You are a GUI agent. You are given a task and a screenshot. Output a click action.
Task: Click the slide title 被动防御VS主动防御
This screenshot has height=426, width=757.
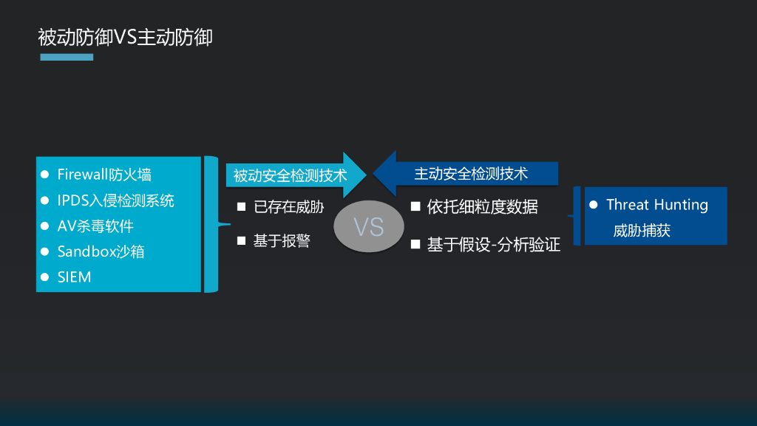click(125, 37)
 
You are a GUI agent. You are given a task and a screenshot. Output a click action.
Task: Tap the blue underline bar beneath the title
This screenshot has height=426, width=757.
click(67, 57)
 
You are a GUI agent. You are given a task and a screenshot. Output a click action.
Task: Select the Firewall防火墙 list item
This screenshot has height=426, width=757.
click(104, 175)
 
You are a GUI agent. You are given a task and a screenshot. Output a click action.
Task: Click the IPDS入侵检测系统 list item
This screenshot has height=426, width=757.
click(116, 200)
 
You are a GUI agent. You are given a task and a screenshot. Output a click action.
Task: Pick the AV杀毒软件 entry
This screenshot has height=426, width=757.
click(95, 226)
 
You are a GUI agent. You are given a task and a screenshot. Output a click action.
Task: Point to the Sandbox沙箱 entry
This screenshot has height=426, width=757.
click(101, 251)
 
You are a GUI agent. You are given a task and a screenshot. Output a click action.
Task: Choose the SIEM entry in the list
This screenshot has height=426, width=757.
click(75, 277)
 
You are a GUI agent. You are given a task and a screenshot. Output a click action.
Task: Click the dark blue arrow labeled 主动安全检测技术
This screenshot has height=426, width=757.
click(466, 174)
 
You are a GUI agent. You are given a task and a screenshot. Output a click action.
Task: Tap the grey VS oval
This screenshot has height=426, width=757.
click(369, 226)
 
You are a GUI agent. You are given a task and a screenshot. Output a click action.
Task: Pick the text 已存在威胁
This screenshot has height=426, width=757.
click(288, 207)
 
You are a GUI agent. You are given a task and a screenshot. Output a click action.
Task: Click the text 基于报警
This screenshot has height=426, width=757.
click(282, 240)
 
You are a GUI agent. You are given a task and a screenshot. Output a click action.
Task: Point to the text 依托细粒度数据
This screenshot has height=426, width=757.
click(482, 207)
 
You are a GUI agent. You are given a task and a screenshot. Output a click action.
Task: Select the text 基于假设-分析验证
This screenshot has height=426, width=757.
click(493, 245)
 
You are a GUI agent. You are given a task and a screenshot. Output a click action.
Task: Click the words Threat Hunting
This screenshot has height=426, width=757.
click(656, 205)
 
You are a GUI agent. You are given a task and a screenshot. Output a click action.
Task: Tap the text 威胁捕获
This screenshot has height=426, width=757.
click(641, 231)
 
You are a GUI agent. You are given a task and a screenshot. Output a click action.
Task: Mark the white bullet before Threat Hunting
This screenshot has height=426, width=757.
click(593, 204)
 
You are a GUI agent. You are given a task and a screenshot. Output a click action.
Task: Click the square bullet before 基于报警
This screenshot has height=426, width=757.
click(241, 240)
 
